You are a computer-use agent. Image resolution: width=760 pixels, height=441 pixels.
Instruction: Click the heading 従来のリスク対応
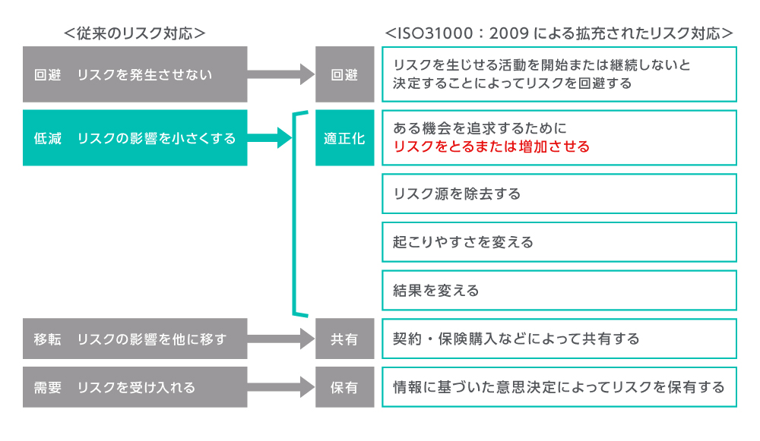(x=135, y=33)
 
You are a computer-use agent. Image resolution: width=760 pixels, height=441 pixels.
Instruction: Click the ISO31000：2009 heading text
(x=559, y=33)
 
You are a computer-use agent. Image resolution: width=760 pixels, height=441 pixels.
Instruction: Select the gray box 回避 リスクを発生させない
(x=135, y=74)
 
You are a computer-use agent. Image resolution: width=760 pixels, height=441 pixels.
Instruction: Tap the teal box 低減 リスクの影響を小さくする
(x=135, y=138)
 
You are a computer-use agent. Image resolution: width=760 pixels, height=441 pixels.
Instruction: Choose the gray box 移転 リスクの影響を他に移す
(x=135, y=339)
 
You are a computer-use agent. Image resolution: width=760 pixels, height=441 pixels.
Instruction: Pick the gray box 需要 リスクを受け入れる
(x=135, y=387)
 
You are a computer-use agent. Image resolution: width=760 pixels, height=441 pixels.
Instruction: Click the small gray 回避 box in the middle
(x=344, y=74)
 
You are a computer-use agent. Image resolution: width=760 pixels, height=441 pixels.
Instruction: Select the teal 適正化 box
(x=344, y=138)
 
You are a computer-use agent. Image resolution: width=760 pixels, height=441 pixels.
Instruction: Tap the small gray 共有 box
(x=344, y=339)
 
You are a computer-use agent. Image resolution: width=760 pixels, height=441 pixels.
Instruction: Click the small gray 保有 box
(x=344, y=387)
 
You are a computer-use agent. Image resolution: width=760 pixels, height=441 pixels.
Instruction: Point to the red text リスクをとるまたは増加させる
(x=491, y=146)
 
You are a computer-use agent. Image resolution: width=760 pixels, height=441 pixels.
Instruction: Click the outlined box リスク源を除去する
(x=559, y=194)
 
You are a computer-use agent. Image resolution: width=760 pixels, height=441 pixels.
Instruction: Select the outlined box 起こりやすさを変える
(x=559, y=242)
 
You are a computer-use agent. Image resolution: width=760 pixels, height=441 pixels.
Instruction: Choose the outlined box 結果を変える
(x=559, y=291)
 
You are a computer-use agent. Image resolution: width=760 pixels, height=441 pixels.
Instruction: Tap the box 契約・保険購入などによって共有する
(x=559, y=339)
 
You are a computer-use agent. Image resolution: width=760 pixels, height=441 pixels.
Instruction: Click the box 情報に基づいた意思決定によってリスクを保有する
(x=559, y=387)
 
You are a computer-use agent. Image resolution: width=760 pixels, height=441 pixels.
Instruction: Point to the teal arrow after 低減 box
(x=270, y=138)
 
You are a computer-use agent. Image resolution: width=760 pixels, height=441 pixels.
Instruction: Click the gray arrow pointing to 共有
(x=281, y=339)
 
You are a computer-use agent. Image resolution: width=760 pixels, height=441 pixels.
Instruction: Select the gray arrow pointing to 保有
(x=281, y=387)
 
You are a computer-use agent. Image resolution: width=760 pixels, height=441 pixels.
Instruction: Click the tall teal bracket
(x=293, y=213)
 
